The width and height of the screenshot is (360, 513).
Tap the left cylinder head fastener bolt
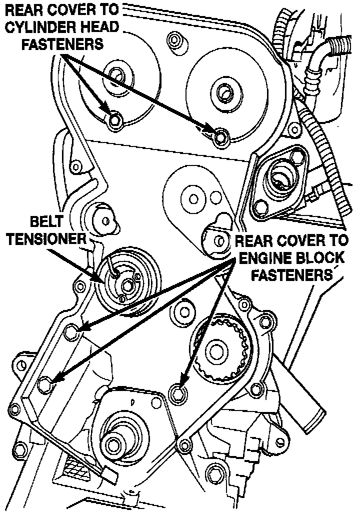coord(115,120)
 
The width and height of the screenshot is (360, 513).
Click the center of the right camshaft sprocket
coord(223,92)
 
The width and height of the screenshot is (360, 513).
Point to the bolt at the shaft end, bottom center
coord(113,443)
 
